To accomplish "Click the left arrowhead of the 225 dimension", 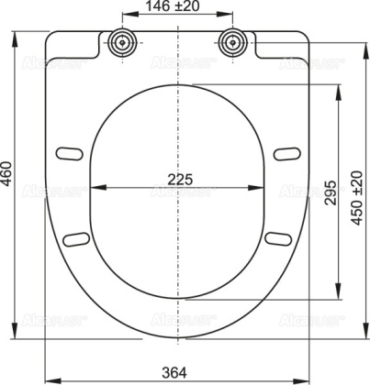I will pyautogui.click(x=98, y=190).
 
